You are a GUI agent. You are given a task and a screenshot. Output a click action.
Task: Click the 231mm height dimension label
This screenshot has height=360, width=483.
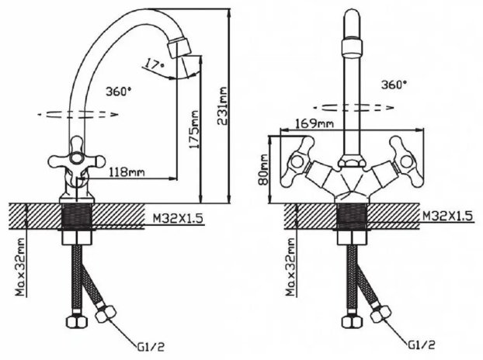click(222, 106)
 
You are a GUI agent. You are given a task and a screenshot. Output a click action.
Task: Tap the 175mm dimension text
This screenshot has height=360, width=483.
click(194, 130)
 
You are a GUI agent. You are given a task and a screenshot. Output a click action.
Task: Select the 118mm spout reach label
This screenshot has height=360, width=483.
click(127, 171)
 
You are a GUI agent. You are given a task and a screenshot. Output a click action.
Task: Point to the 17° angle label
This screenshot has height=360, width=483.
click(154, 64)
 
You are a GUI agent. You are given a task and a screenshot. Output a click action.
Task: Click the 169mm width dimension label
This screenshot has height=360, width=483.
click(314, 123)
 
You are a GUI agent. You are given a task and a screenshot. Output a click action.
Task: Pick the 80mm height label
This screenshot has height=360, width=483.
click(263, 170)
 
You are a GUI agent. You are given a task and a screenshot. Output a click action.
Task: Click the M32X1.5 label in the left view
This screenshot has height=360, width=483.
click(178, 219)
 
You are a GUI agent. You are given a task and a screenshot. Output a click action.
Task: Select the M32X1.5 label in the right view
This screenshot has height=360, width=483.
click(448, 216)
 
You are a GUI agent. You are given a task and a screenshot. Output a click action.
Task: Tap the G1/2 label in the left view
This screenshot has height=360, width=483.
click(151, 348)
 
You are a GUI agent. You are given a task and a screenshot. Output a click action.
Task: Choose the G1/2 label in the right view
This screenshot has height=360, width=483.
click(422, 345)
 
